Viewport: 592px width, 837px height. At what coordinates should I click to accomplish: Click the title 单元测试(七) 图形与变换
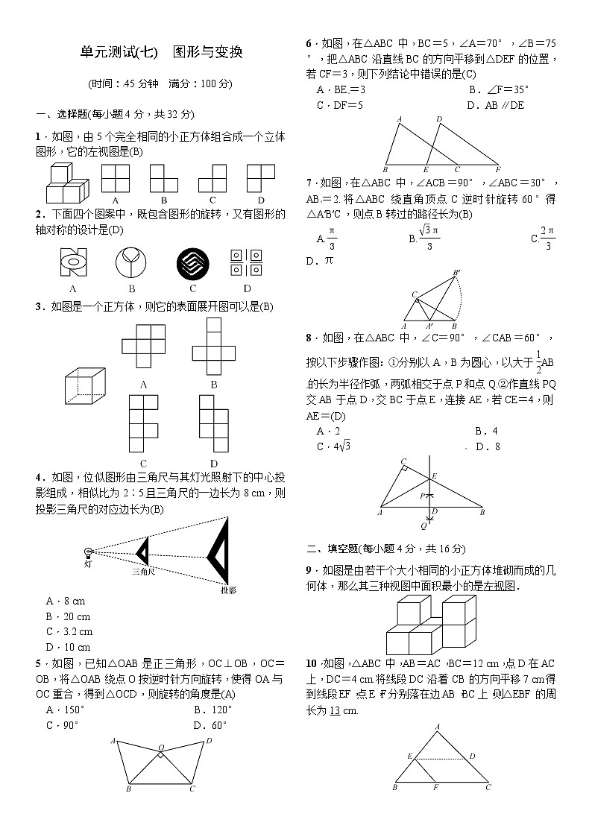[x=161, y=53]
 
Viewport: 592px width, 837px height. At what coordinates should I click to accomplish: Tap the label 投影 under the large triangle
[x=228, y=590]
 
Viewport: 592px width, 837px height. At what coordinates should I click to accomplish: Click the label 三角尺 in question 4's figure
[x=143, y=571]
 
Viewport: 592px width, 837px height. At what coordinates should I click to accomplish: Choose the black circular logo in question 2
[x=192, y=264]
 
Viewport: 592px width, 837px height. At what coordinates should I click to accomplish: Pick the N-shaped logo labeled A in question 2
[x=73, y=263]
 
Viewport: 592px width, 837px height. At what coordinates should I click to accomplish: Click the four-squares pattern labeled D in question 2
[x=246, y=263]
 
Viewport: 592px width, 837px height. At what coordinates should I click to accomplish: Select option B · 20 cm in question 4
[x=68, y=616]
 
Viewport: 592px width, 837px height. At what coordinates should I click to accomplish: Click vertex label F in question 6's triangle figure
[x=497, y=169]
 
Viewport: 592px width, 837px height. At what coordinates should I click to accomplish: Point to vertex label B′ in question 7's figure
[x=456, y=272]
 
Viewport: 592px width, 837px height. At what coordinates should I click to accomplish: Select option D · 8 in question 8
[x=488, y=446]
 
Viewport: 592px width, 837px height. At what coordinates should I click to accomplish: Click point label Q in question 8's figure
[x=423, y=525]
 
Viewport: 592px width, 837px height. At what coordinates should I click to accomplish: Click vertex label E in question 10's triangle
[x=410, y=757]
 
